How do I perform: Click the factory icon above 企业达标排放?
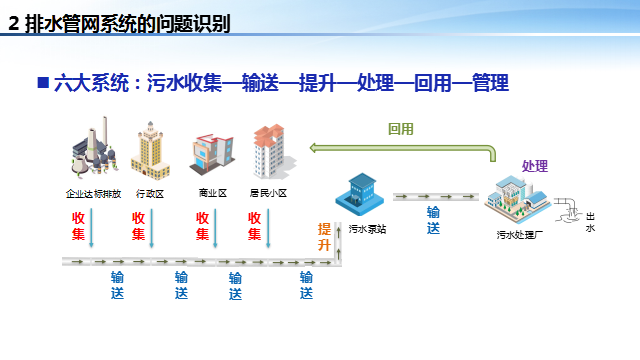pos(95,148)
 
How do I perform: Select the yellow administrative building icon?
pos(150,151)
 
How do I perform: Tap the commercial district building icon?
pos(212,154)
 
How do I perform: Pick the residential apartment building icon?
pos(273,152)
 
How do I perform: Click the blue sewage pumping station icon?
pos(360,195)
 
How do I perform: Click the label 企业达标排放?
pos(93,194)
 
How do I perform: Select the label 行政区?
pos(150,194)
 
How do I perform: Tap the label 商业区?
pos(213,193)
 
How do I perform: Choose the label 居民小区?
pos(268,193)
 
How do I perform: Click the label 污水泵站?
pos(367,229)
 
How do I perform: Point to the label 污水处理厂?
pos(520,235)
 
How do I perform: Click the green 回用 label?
pos(400,129)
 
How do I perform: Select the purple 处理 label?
pos(535,166)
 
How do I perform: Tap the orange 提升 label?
pos(324,237)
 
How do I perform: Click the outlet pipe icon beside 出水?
pos(568,210)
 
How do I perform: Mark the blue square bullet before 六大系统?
pos(43,82)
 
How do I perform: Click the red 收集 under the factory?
pos(78,226)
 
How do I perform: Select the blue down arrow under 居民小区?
pos(268,228)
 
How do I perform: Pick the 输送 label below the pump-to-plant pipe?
pos(433,220)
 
